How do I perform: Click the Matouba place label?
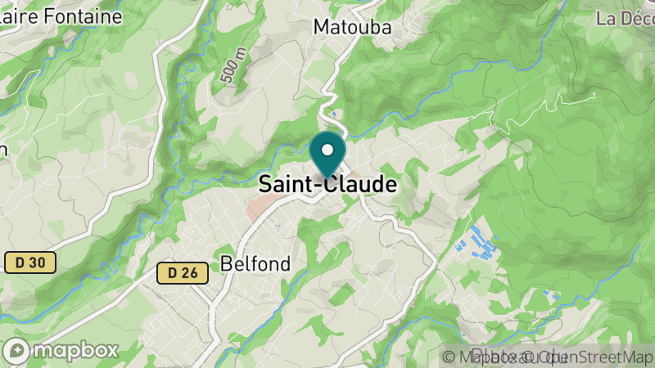[353, 27]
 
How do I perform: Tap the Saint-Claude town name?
[327, 185]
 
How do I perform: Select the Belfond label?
[255, 263]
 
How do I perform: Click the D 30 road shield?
[29, 263]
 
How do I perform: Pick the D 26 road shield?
[182, 273]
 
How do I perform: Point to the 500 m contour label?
[233, 65]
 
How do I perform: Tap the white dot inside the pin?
[327, 150]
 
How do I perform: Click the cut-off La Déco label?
[625, 18]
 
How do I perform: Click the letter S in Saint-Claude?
[265, 185]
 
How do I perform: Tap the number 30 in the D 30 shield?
[39, 263]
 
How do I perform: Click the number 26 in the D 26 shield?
[190, 273]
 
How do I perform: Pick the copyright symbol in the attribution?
[448, 357]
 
